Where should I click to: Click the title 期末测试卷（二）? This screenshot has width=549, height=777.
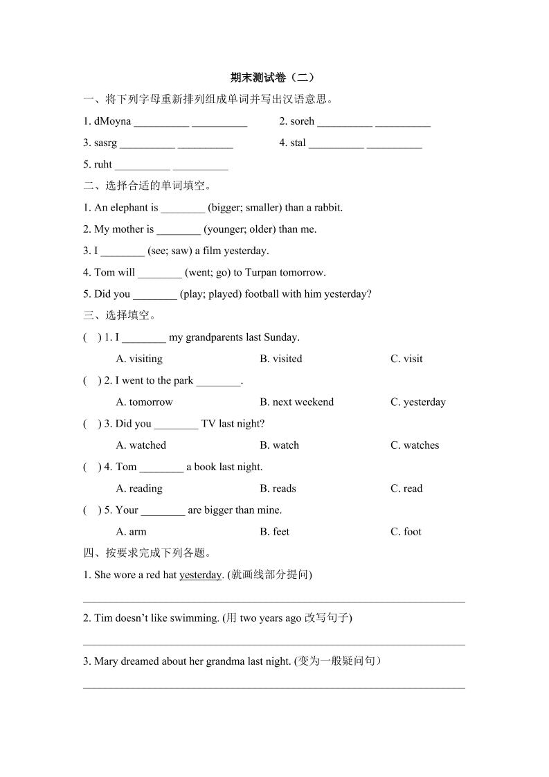(x=274, y=78)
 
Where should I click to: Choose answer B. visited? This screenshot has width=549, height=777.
(x=281, y=359)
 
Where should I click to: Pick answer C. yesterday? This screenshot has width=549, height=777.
(x=418, y=402)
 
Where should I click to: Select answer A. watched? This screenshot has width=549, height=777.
(x=141, y=445)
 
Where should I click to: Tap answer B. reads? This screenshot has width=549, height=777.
(x=278, y=488)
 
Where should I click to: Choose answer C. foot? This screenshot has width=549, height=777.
(x=406, y=532)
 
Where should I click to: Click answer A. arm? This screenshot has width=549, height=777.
(x=132, y=532)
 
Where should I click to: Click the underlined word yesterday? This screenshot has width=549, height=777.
(x=200, y=575)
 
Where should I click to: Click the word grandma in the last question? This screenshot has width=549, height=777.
(x=224, y=661)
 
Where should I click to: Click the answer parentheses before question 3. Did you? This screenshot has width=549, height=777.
(x=91, y=424)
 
